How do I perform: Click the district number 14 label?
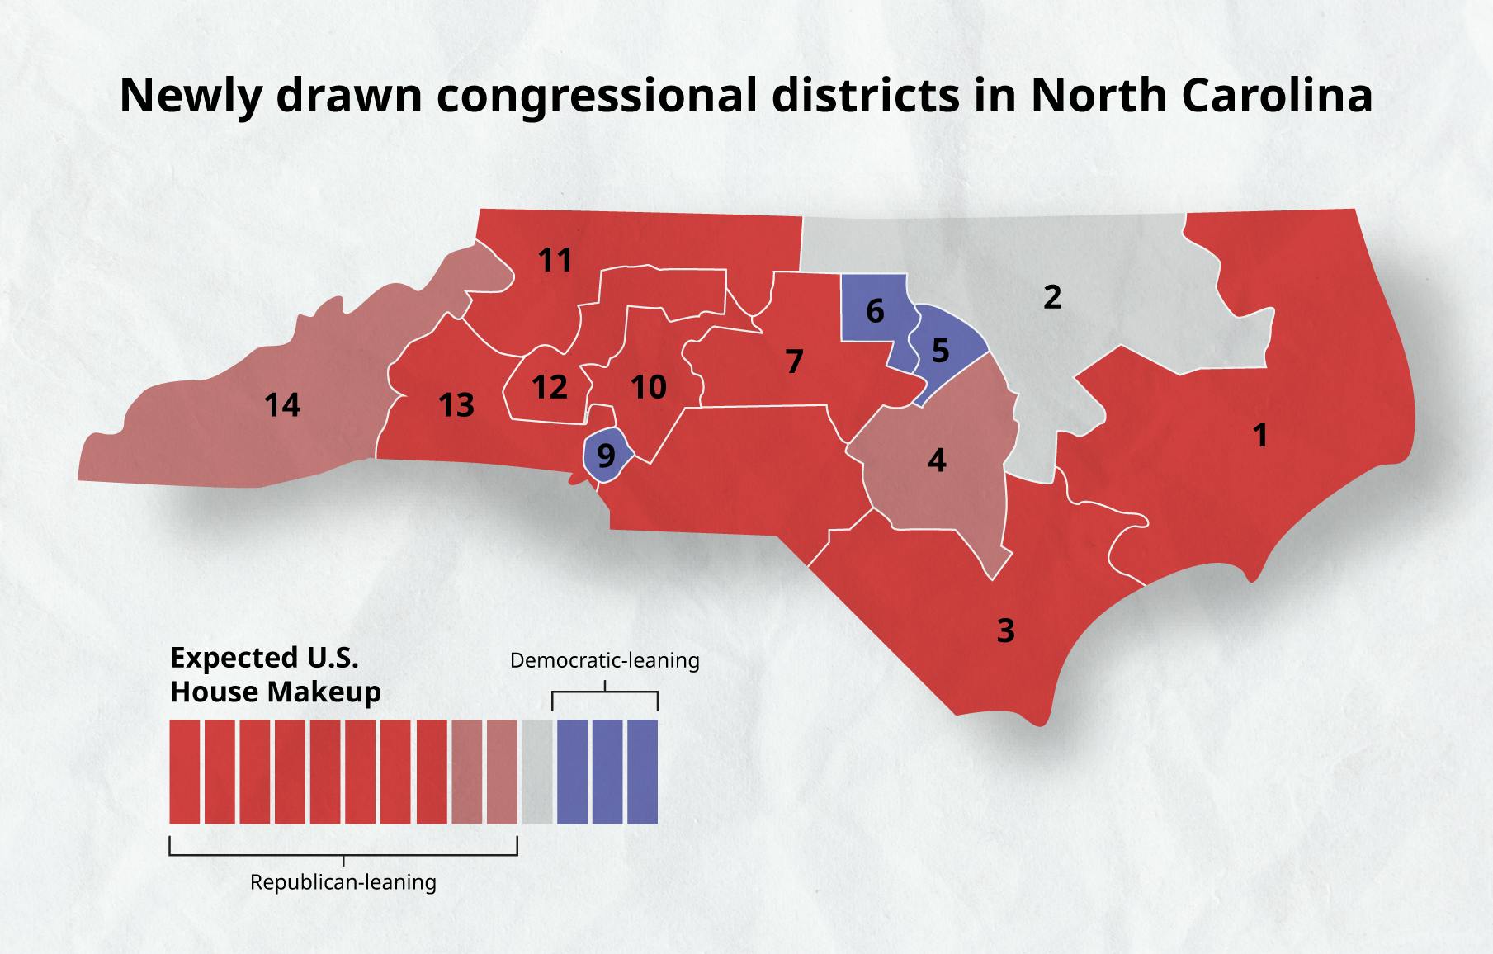pyautogui.click(x=282, y=405)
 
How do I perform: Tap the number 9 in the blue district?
pyautogui.click(x=606, y=456)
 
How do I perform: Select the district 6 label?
pyautogui.click(x=875, y=311)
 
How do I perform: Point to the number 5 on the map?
pyautogui.click(x=940, y=351)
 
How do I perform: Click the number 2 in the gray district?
pyautogui.click(x=1051, y=297)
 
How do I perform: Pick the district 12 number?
pyautogui.click(x=550, y=387)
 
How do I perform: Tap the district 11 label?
pyautogui.click(x=555, y=261)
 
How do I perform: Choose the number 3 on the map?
pyautogui.click(x=1005, y=630)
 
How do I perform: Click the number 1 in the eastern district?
pyautogui.click(x=1259, y=435)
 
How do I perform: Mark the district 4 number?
pyautogui.click(x=936, y=460)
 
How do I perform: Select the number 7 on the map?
pyautogui.click(x=794, y=361)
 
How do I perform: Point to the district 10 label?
pyautogui.click(x=649, y=387)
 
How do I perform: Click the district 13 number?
pyautogui.click(x=456, y=405)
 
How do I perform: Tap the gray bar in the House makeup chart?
pyautogui.click(x=536, y=772)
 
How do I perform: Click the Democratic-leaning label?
pyautogui.click(x=604, y=660)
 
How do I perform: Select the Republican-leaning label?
pyautogui.click(x=343, y=882)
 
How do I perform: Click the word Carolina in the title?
pyautogui.click(x=1277, y=95)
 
